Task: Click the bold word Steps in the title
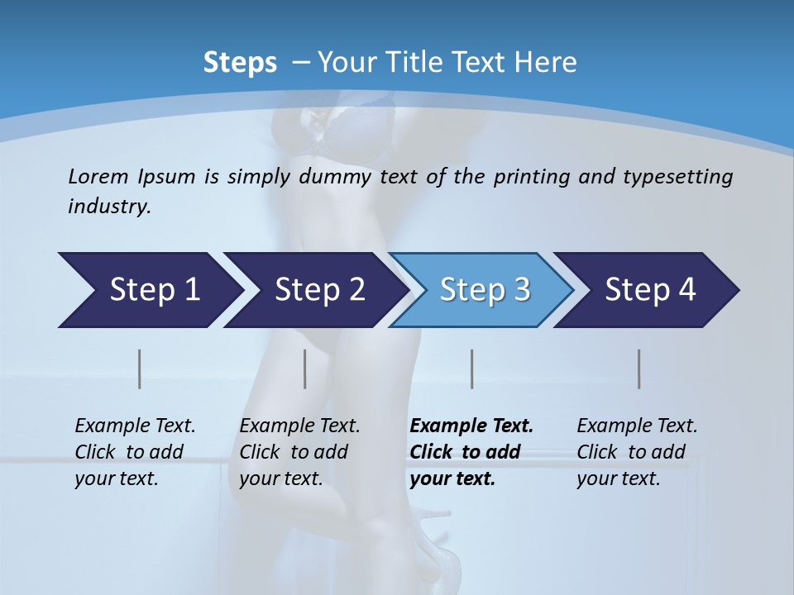click(240, 63)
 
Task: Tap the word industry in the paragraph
click(108, 207)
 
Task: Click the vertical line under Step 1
click(140, 369)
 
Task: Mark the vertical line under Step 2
click(305, 369)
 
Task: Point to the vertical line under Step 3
click(472, 369)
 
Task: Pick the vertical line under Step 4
click(639, 369)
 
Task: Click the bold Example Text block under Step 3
click(470, 452)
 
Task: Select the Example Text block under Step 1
click(134, 452)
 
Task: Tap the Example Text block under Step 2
click(299, 452)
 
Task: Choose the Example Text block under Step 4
click(636, 452)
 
